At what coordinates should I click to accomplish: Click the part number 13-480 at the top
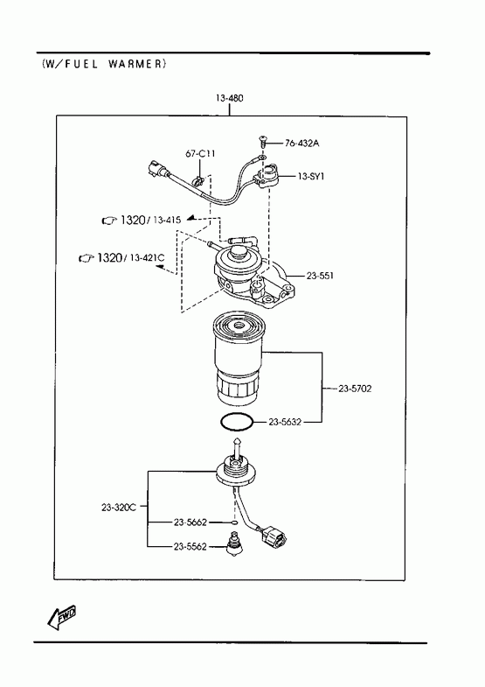[x=229, y=98]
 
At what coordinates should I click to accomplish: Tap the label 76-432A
[x=301, y=143]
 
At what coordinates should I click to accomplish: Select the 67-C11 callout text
[x=200, y=154]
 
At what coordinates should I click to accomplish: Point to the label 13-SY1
[x=311, y=176]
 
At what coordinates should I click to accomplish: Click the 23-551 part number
[x=320, y=276]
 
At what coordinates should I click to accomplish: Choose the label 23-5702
[x=355, y=389]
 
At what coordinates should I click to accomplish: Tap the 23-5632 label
[x=285, y=422]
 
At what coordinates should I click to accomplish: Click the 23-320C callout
[x=119, y=508]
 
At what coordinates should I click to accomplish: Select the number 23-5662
[x=190, y=522]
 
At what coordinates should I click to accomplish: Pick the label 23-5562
[x=190, y=547]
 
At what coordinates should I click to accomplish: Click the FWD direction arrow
[x=62, y=617]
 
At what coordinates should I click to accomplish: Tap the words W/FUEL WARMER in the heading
[x=104, y=64]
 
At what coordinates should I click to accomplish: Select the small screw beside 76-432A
[x=262, y=142]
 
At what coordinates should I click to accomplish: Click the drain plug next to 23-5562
[x=234, y=544]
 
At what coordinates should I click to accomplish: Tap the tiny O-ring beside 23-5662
[x=235, y=522]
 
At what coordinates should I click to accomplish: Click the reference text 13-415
[x=167, y=220]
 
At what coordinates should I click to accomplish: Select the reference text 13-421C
[x=148, y=257]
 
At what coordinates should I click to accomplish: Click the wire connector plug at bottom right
[x=274, y=536]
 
